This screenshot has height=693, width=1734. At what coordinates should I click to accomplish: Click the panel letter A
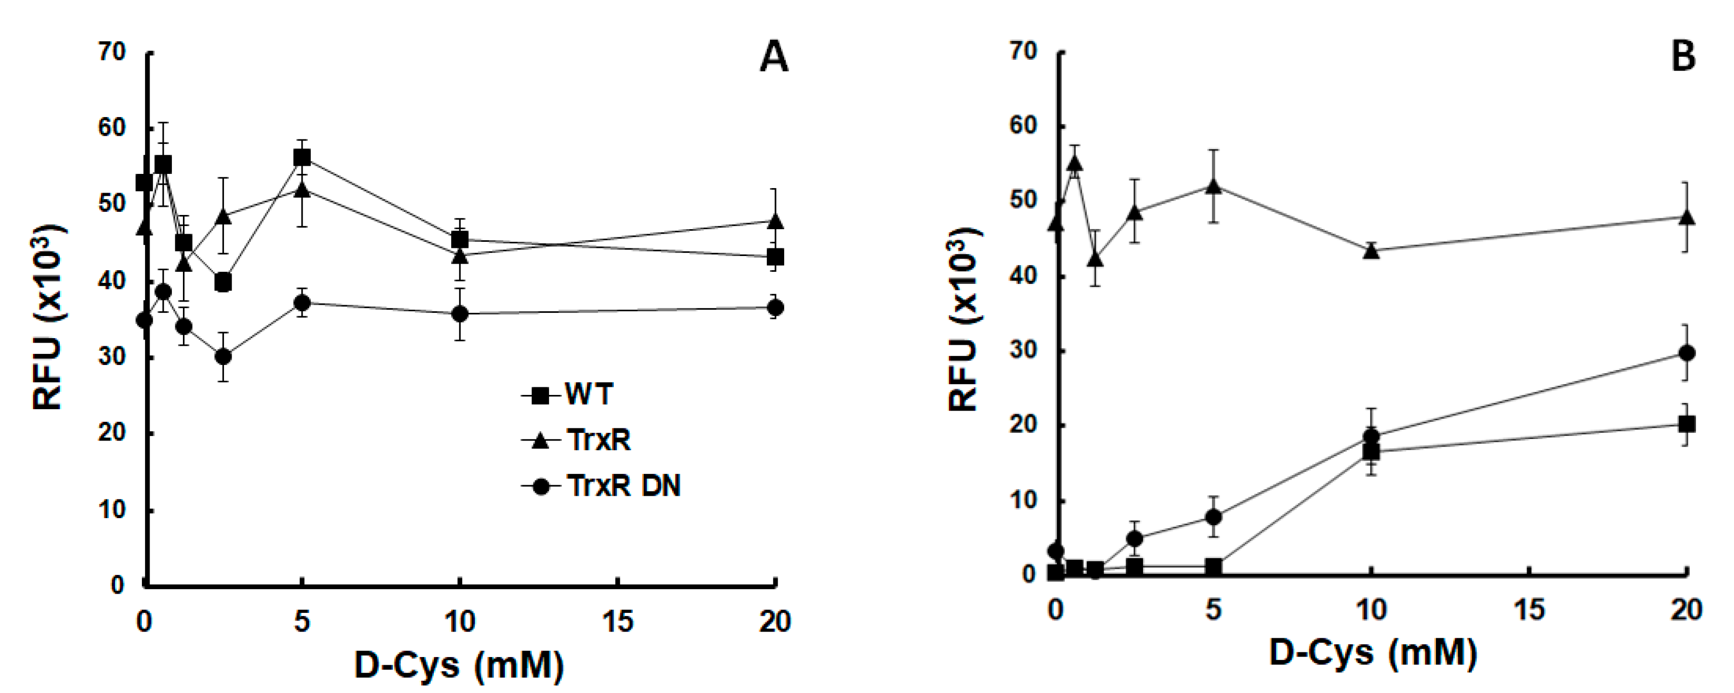pos(773,57)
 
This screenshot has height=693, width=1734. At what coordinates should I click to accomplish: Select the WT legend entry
pos(587,394)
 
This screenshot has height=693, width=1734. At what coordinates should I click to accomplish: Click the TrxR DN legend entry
pos(622,486)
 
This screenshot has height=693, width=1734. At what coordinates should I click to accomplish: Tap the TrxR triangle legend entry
pos(598,440)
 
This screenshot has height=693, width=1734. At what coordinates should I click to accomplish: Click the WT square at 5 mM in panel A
pos(302,158)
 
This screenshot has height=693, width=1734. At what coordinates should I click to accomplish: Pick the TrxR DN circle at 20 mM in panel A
pos(776,308)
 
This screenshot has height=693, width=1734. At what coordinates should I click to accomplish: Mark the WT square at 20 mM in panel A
pos(776,257)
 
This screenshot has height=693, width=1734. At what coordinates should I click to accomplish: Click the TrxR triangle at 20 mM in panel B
pos(1687,217)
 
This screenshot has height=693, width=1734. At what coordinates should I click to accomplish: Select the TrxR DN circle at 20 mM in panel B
pos(1687,353)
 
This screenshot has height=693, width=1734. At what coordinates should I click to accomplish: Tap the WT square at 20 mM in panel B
pos(1687,424)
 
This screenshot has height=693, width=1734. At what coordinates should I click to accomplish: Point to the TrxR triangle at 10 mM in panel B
pos(1371,250)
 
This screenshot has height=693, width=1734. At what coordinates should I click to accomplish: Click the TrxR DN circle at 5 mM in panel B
pos(1213,517)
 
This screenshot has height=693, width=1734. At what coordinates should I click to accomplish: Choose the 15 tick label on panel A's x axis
pos(617,622)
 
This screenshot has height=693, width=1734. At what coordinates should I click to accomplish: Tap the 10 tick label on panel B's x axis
pos(1371,610)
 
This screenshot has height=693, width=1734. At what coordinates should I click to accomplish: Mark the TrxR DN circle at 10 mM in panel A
pos(460,314)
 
